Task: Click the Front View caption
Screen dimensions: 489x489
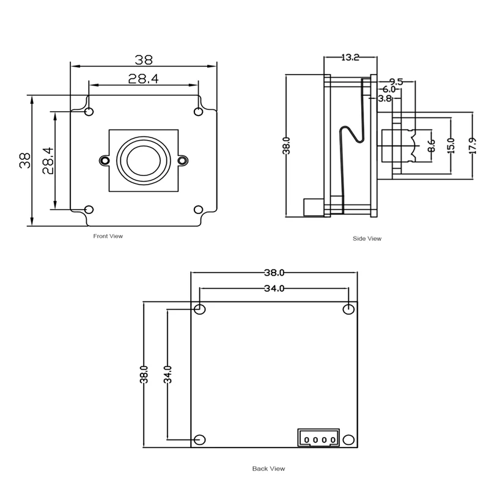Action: pyautogui.click(x=108, y=235)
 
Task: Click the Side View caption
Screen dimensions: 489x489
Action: pyautogui.click(x=367, y=238)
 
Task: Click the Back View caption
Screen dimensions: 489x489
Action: pyautogui.click(x=269, y=469)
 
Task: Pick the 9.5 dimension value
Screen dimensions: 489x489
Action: pyautogui.click(x=395, y=81)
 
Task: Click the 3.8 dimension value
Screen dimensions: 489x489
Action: pyautogui.click(x=384, y=98)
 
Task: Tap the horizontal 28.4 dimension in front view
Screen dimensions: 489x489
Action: pyautogui.click(x=143, y=78)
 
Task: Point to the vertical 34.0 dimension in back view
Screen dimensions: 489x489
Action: pyautogui.click(x=167, y=373)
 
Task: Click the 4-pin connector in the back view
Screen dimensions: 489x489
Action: pyautogui.click(x=317, y=438)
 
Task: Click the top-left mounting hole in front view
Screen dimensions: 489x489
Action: pyautogui.click(x=89, y=112)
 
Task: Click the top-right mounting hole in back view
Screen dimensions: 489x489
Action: pyautogui.click(x=348, y=309)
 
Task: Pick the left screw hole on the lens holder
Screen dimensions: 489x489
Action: pyautogui.click(x=104, y=160)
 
